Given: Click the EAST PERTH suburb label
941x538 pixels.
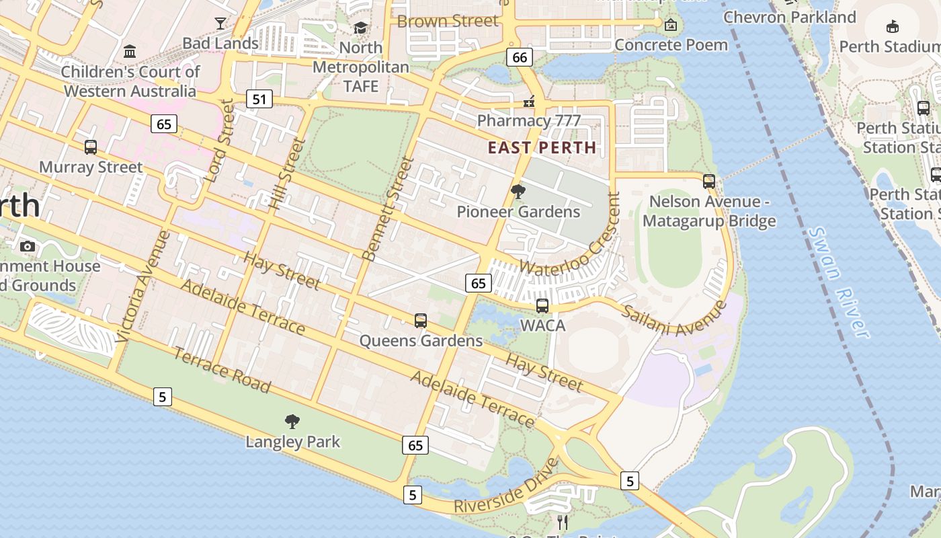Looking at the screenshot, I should coord(542,147).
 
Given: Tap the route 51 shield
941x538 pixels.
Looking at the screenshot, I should coord(259,100).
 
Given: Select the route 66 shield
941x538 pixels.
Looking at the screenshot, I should coord(520,57).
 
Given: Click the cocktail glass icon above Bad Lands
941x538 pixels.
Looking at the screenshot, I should coord(220,24).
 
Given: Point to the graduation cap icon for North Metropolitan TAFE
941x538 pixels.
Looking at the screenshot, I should coord(361,28).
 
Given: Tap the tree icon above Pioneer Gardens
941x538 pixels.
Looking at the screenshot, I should coord(518,192).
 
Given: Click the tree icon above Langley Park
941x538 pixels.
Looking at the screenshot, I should coord(292,422).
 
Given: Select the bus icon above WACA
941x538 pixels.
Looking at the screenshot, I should coord(542,305).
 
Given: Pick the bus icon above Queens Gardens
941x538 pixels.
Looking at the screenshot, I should coord(421,320).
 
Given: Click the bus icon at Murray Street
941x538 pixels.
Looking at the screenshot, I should coord(91,147).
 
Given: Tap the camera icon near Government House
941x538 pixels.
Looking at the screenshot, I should coord(28,246).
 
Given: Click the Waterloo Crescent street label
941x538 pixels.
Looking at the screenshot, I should coord(569,236).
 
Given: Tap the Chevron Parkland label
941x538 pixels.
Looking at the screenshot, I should coord(789,17).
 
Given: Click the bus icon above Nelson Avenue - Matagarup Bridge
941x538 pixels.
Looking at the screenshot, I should coord(708,181).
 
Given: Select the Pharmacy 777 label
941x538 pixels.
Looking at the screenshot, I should coord(528,121).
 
